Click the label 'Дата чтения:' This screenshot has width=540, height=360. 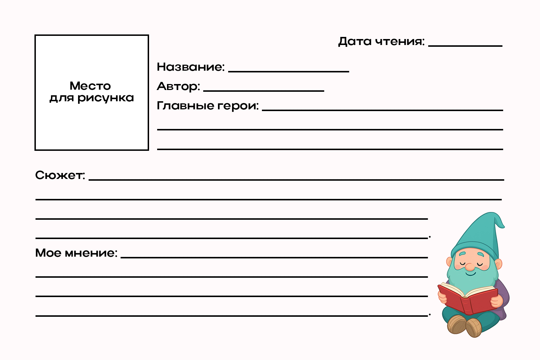381,41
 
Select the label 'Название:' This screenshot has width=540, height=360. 191,67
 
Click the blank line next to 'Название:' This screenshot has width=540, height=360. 288,71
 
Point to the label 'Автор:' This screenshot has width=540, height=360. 178,86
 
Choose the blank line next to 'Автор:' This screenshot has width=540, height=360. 263,91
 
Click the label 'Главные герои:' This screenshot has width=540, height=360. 207,105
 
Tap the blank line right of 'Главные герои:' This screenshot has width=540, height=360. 382,110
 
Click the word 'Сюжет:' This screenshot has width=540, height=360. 60,175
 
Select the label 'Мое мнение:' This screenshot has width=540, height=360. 76,253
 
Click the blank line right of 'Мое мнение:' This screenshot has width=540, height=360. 274,257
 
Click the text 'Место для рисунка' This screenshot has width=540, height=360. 91,92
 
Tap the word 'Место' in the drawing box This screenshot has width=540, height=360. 90,86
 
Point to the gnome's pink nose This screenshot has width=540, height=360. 470,268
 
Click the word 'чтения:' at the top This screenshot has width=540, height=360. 400,41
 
